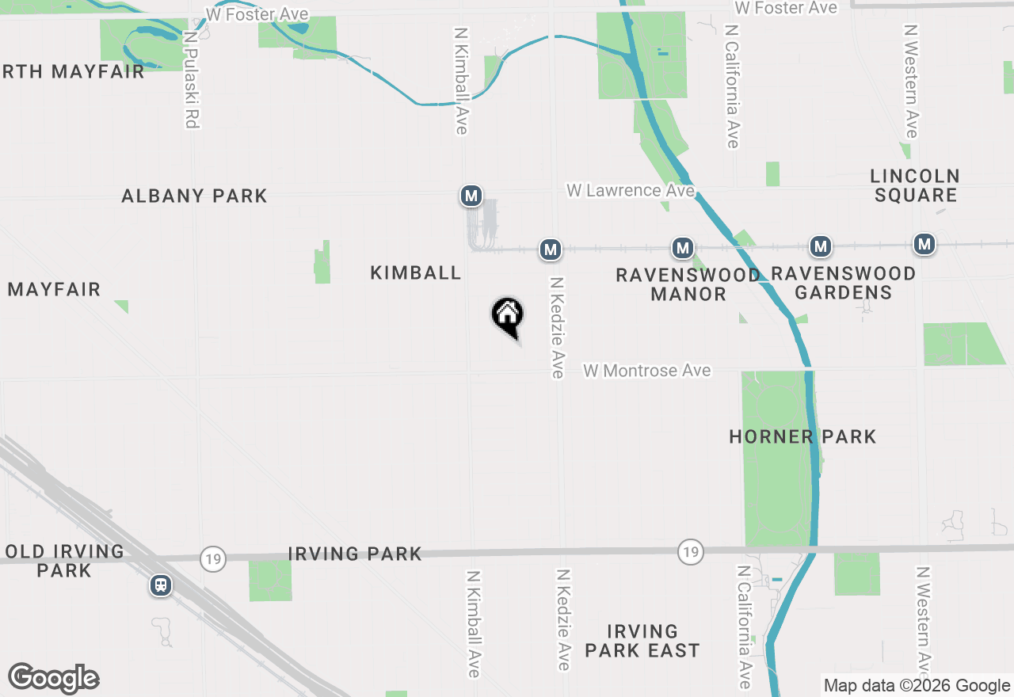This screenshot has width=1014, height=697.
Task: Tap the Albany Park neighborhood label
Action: pyautogui.click(x=194, y=196)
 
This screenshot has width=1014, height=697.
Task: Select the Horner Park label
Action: pyautogui.click(x=802, y=436)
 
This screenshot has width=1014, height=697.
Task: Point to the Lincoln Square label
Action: pyautogui.click(x=915, y=185)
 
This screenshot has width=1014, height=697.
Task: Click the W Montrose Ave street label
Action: pyautogui.click(x=647, y=371)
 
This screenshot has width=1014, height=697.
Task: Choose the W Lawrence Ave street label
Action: pyautogui.click(x=630, y=191)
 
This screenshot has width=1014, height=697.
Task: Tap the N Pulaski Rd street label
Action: pyautogui.click(x=190, y=79)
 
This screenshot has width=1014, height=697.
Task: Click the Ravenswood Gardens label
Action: pyautogui.click(x=843, y=283)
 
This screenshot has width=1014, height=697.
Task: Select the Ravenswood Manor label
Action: pyautogui.click(x=688, y=284)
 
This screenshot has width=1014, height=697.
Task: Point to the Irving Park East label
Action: pyautogui.click(x=642, y=641)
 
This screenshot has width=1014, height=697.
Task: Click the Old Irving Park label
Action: pyautogui.click(x=64, y=560)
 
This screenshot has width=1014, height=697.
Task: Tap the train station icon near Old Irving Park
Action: pyautogui.click(x=161, y=585)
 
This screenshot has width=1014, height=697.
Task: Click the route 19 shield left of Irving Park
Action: pyautogui.click(x=213, y=558)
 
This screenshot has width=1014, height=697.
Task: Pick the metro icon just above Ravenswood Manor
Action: pyautogui.click(x=683, y=248)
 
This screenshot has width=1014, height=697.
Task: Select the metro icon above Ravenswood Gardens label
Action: pyautogui.click(x=821, y=246)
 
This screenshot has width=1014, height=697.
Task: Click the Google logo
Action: pyautogui.click(x=54, y=678)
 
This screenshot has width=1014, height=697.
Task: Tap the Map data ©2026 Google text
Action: pyautogui.click(x=917, y=686)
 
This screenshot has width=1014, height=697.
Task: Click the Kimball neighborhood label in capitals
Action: pyautogui.click(x=415, y=272)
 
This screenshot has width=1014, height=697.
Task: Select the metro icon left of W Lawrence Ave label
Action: pyautogui.click(x=471, y=195)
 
